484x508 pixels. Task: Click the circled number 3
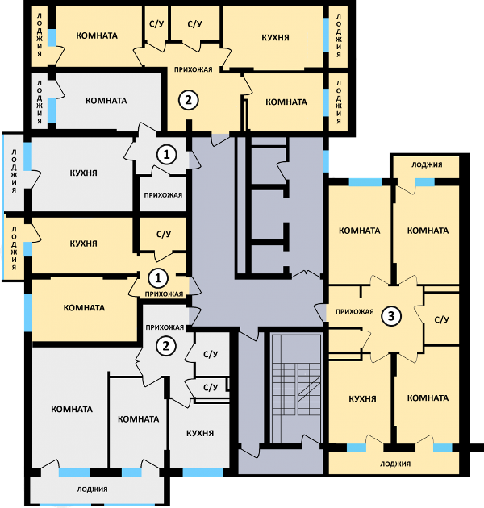[391, 315]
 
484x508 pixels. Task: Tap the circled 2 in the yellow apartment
[188, 100]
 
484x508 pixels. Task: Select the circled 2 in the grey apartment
[166, 346]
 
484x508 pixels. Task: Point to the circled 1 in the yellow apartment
[158, 278]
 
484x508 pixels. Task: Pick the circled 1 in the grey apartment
[167, 154]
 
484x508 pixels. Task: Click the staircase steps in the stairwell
[296, 389]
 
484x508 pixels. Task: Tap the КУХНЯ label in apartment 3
[362, 398]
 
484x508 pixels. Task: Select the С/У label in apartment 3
[441, 320]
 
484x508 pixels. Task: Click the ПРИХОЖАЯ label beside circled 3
[355, 312]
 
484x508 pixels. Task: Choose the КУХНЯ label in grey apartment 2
[200, 433]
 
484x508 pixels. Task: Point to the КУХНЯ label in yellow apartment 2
[275, 38]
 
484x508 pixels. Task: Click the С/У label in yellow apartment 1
[164, 234]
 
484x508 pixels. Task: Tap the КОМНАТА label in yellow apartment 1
[84, 307]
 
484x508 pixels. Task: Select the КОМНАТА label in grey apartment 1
[106, 101]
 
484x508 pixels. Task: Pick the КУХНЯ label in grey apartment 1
[83, 173]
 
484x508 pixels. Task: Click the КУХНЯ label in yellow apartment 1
[83, 244]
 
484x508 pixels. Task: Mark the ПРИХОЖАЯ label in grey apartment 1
[163, 195]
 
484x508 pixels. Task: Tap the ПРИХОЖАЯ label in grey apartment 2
[165, 327]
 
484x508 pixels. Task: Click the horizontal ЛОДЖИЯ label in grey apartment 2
[92, 489]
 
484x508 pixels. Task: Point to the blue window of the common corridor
[325, 161]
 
